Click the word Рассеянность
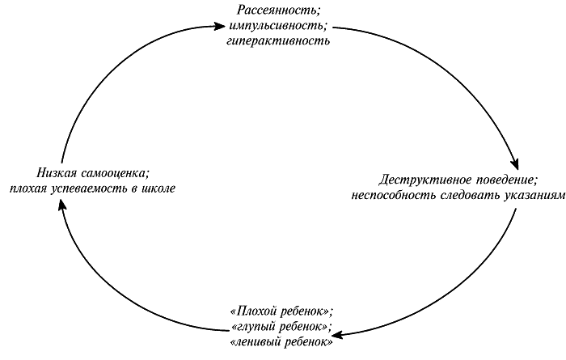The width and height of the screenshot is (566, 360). [277, 10]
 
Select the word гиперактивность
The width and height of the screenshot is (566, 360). [278, 40]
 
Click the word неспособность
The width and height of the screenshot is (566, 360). [394, 195]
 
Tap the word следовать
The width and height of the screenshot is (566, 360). [470, 195]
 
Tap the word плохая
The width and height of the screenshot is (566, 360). [27, 188]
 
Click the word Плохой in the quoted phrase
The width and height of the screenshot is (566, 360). [255, 311]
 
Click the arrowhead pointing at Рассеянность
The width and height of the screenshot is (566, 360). [220, 26]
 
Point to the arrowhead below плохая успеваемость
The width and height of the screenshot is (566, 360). [62, 206]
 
